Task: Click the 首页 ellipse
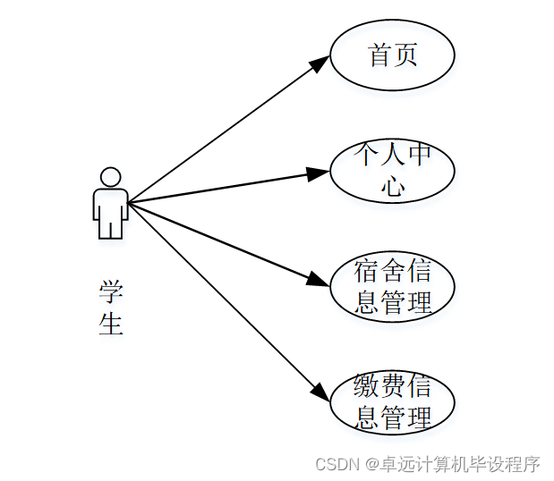coord(392,55)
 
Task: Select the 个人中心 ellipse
coord(392,170)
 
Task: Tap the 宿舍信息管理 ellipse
coord(392,287)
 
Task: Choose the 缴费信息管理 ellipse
coord(392,402)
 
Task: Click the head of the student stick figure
coord(110,177)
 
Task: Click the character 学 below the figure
coord(111,292)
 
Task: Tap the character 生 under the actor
coord(111,323)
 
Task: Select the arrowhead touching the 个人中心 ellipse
coord(319,172)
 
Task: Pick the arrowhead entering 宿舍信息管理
coord(320,280)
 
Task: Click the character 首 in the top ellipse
coord(380,55)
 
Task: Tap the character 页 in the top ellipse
coord(405,55)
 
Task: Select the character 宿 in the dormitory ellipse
coord(367,272)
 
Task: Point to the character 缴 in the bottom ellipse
coord(367,388)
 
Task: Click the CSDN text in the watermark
coord(337,464)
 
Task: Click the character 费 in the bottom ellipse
coord(393,388)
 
